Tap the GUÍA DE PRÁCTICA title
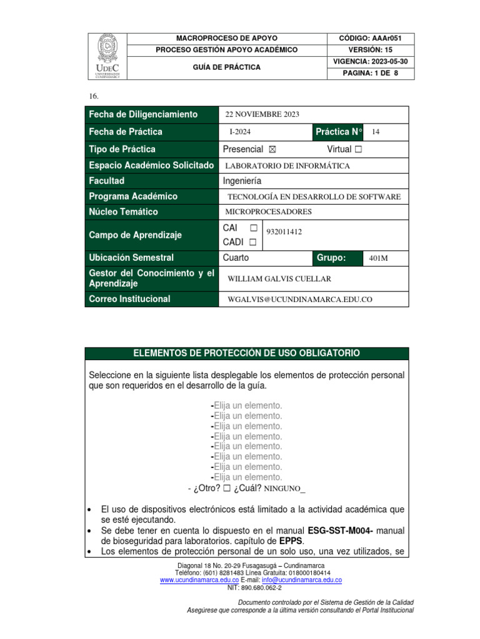(x=226, y=67)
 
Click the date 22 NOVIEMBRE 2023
(x=262, y=114)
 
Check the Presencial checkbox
(x=271, y=150)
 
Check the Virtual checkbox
(x=357, y=150)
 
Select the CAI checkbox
(x=253, y=228)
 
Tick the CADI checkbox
(x=253, y=241)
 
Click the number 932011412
(x=284, y=232)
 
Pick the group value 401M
(x=379, y=258)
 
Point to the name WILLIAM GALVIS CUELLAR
(x=279, y=279)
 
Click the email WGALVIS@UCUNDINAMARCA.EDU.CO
(x=299, y=300)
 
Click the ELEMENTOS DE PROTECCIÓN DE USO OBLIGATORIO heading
(x=247, y=353)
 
